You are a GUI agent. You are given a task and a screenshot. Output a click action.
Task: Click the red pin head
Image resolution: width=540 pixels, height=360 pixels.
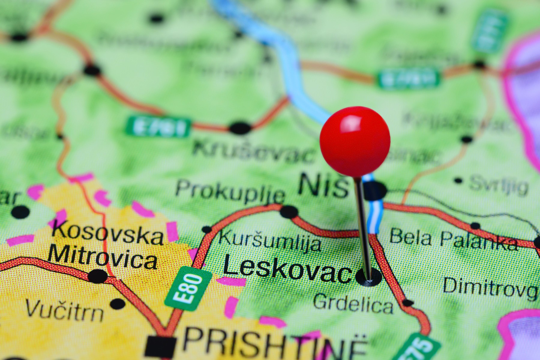point(355,141)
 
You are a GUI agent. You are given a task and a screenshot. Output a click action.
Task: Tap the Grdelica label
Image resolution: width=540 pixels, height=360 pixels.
point(353,304)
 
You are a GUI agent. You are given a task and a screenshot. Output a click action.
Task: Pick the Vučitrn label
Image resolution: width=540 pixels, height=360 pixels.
point(64,310)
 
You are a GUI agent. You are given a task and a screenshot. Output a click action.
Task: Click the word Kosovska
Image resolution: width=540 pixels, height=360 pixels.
point(107,233)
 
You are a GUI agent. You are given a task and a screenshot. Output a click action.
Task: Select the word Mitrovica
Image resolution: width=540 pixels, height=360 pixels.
point(102,257)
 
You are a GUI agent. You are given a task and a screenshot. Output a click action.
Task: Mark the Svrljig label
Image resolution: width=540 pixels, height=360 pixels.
point(499,185)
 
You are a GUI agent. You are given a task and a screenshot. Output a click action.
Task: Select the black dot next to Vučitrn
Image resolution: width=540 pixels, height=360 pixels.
point(118,304)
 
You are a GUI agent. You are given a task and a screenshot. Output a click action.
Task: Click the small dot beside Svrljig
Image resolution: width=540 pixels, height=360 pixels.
point(458,180)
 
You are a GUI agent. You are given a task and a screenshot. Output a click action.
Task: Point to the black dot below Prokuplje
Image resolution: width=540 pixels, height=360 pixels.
point(289,212)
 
